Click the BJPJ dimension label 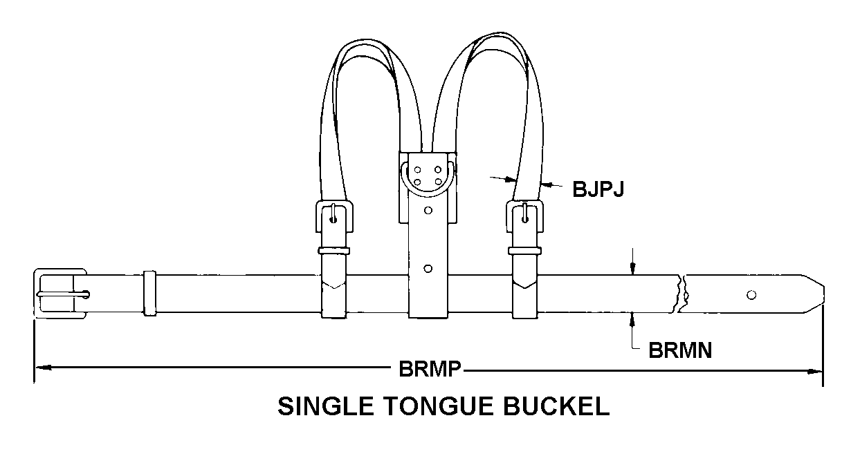(598, 189)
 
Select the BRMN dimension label (680, 350)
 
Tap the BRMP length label (430, 368)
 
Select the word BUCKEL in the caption (556, 406)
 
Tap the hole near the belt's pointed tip (751, 295)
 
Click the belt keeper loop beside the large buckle (149, 293)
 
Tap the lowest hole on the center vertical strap (428, 269)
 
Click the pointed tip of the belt (823, 294)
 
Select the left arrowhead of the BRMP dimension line (43, 368)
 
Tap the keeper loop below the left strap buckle (333, 251)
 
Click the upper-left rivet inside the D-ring (417, 169)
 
